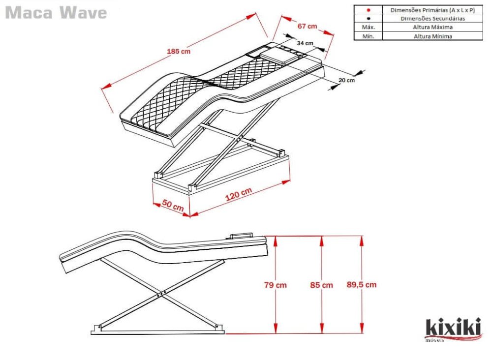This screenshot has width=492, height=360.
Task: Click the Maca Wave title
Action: click(56, 13)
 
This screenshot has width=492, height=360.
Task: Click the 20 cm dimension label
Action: click(346, 80)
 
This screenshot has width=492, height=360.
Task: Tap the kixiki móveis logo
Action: click(453, 329)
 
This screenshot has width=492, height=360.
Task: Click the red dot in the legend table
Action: click(368, 10)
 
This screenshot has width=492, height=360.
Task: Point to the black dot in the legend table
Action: click(368, 19)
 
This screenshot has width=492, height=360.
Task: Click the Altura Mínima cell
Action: click(432, 36)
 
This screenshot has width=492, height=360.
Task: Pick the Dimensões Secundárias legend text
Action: click(432, 19)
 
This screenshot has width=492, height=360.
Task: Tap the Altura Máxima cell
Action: click(432, 28)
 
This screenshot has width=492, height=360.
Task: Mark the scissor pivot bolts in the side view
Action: click(159, 295)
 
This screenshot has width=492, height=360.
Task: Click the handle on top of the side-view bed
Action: click(241, 237)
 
